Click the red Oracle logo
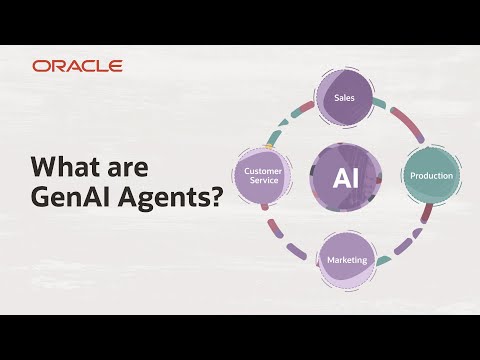tap(77, 66)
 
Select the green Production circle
tap(431, 176)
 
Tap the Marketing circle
tap(346, 262)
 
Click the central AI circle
tap(345, 178)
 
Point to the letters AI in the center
tap(345, 178)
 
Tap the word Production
tap(431, 176)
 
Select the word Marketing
tap(346, 261)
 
